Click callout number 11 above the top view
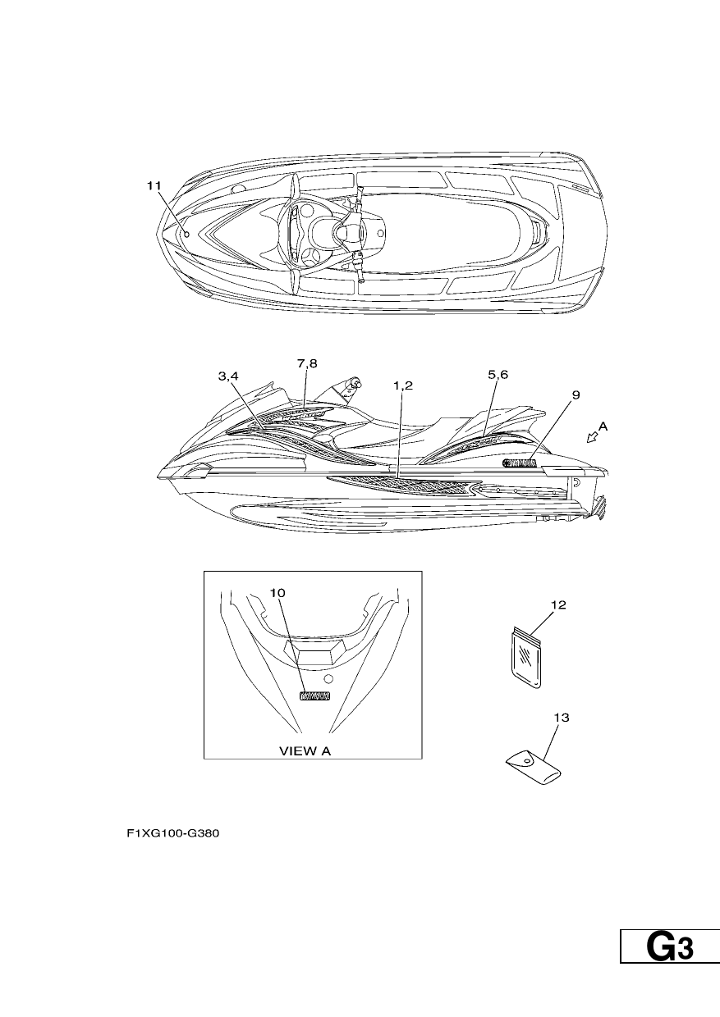pos(154,185)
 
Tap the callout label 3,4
pos(228,376)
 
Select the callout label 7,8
pos(307,363)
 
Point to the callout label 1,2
pos(403,385)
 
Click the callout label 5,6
pos(498,375)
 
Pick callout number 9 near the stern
pos(576,395)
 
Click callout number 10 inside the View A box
pos(277,592)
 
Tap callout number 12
pos(558,604)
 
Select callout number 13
pos(562,718)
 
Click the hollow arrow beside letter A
pos(592,437)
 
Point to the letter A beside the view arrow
pos(603,426)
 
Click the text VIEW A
pos(305,751)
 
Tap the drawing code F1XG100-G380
pos(173,833)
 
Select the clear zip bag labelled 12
pos(525,658)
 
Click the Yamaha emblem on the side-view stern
pos(519,463)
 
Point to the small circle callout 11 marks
pos(187,235)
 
